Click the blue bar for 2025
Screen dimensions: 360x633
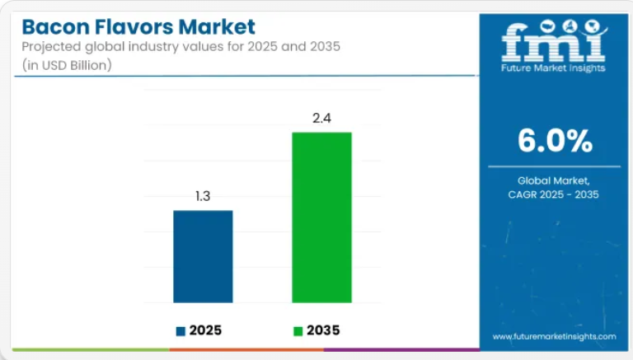point(203,256)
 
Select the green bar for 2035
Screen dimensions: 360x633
point(321,217)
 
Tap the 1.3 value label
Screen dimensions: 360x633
point(203,196)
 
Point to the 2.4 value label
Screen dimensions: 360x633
point(321,118)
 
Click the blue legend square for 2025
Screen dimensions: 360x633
point(181,331)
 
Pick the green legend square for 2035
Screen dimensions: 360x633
point(298,331)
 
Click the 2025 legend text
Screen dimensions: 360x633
point(205,330)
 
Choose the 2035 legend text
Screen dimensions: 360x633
point(323,330)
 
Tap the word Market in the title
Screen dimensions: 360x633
point(220,27)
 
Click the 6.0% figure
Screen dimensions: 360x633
point(555,141)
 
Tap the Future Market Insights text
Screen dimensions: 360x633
point(554,68)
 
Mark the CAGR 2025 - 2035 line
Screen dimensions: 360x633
point(554,194)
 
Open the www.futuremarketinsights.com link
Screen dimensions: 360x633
point(554,336)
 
